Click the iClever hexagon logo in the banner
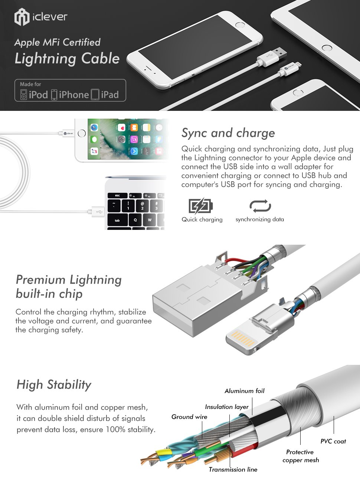point(22,17)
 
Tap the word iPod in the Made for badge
point(38,95)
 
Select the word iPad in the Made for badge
point(110,95)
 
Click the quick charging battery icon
point(201,206)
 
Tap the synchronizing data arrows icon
point(260,206)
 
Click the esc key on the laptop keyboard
point(117,195)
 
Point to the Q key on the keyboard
point(135,220)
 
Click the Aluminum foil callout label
point(245,391)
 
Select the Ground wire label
point(189,417)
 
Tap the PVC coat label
point(333,441)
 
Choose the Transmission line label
point(233,469)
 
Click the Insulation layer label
point(227,407)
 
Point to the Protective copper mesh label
point(301,456)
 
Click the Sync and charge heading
point(228,133)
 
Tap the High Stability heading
point(54,385)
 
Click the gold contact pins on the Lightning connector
point(244,339)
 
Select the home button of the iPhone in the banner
point(240,24)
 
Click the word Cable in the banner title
point(101,59)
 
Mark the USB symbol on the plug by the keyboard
point(99,212)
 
